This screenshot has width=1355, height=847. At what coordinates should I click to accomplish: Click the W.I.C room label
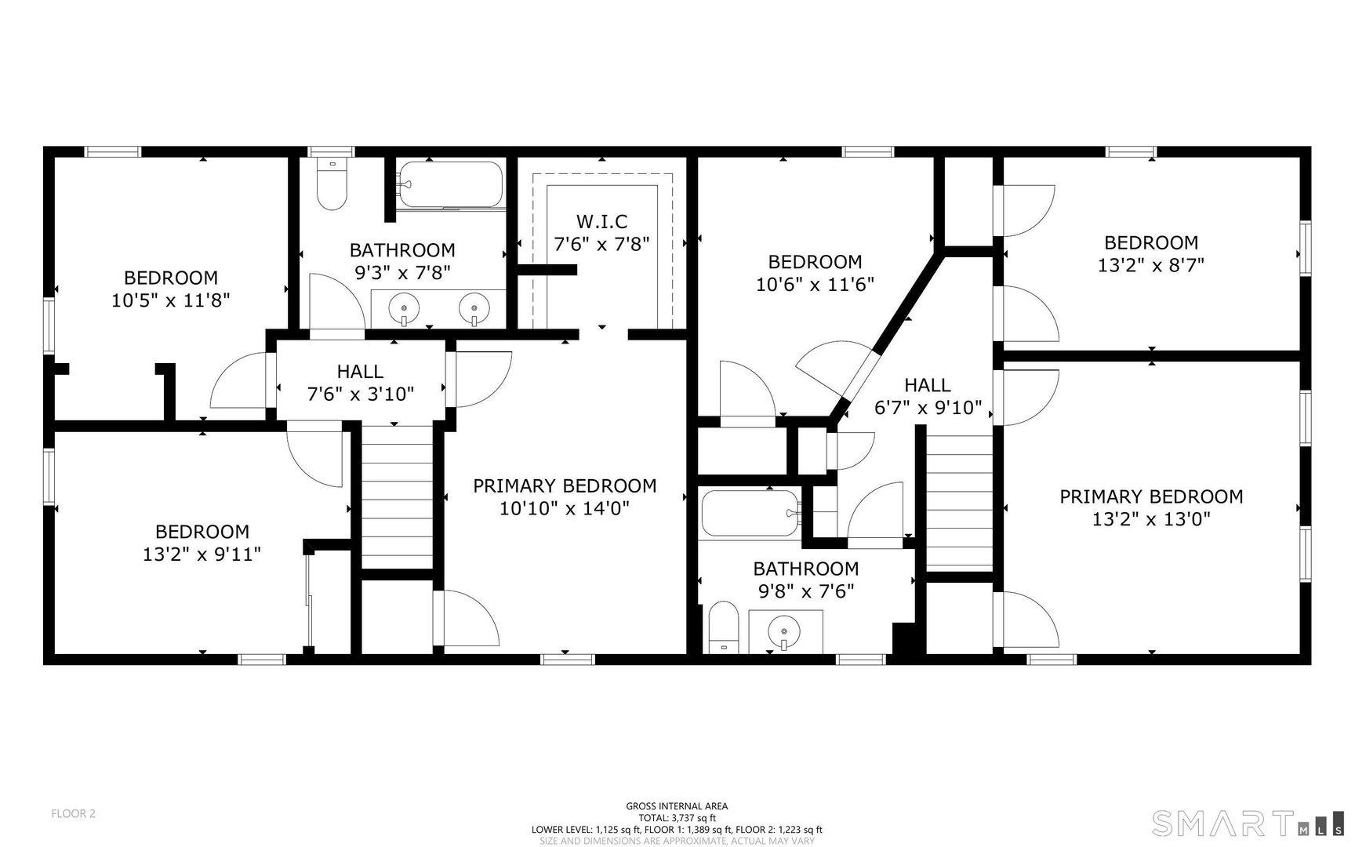click(x=601, y=222)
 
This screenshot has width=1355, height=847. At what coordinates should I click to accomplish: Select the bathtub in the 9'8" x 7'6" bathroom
click(x=750, y=514)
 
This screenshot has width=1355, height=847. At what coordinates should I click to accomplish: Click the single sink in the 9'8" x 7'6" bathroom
click(x=784, y=631)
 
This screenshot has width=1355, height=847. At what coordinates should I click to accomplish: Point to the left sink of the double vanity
click(x=405, y=307)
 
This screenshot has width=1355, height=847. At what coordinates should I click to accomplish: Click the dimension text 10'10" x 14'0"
click(x=565, y=509)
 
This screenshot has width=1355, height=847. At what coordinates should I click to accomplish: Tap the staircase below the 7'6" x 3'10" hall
click(x=397, y=494)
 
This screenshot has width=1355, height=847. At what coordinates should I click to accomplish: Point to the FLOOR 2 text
click(x=73, y=813)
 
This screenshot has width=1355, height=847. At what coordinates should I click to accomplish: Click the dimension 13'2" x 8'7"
click(x=1150, y=265)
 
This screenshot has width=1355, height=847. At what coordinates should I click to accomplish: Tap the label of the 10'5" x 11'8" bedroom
click(x=171, y=278)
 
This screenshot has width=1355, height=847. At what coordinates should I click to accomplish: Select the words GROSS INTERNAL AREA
click(x=677, y=805)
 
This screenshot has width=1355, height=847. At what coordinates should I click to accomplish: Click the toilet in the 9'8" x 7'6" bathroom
click(x=723, y=627)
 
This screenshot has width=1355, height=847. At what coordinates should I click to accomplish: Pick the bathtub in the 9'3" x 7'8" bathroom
click(x=449, y=185)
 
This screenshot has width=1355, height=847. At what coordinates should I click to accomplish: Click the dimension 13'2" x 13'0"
click(x=1150, y=518)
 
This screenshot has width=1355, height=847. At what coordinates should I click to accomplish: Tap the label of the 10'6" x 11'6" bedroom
click(x=815, y=262)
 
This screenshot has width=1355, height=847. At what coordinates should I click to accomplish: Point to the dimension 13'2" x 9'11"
click(x=202, y=554)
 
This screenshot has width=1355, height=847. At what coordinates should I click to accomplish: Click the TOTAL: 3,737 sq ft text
click(x=677, y=817)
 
